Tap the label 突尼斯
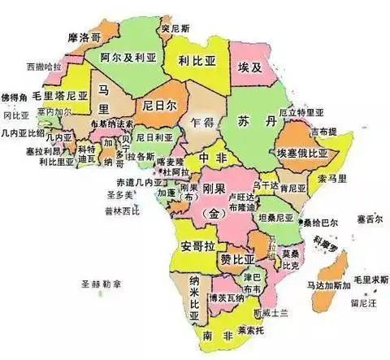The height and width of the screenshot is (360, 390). pos(175,29)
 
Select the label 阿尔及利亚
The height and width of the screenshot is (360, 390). pos(128,59)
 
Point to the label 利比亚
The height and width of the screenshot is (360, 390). pos(196,60)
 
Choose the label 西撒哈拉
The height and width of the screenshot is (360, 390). pos(44,65)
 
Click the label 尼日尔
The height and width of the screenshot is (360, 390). pos(158,106)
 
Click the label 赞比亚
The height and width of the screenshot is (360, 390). pos(236,259)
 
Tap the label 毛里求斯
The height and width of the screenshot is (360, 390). pos(370,279)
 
